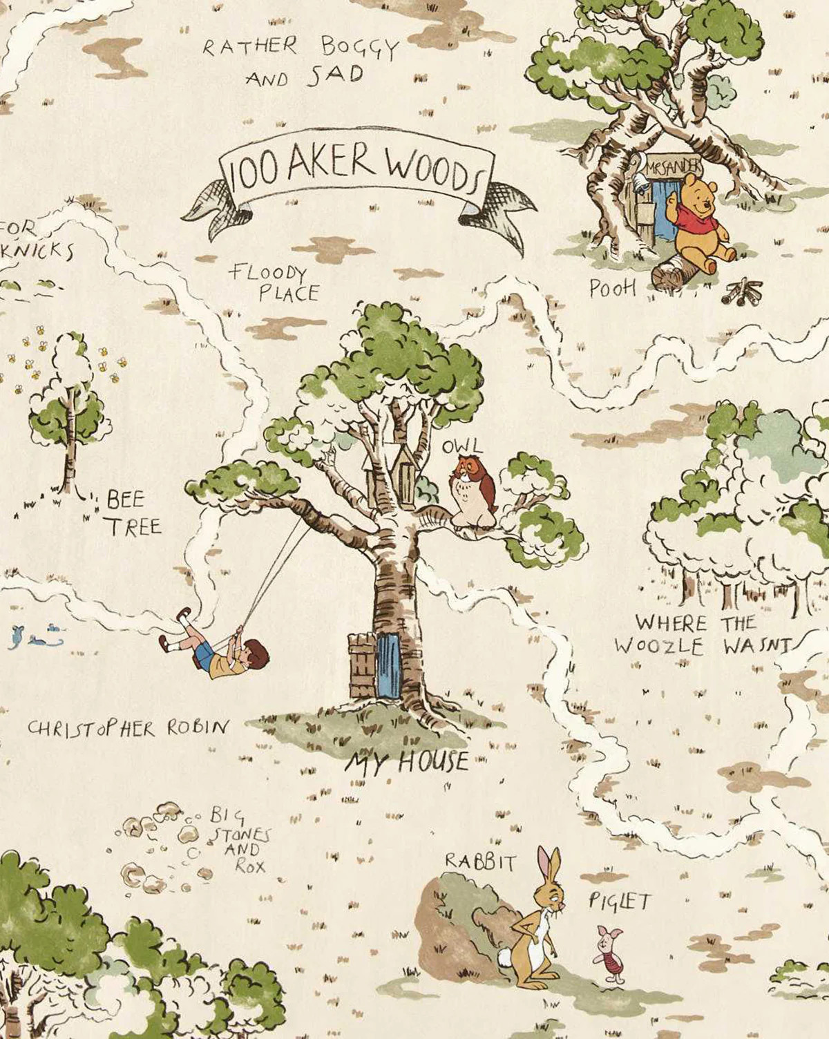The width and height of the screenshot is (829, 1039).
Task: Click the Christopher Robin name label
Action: coord(128,727)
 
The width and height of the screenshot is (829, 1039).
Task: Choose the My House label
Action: coord(408,762)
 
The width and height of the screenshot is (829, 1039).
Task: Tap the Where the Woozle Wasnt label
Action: coord(701,635)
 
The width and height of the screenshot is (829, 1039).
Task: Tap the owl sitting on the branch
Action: coord(473,492)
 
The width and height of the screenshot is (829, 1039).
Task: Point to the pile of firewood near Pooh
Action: coord(741,292)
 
